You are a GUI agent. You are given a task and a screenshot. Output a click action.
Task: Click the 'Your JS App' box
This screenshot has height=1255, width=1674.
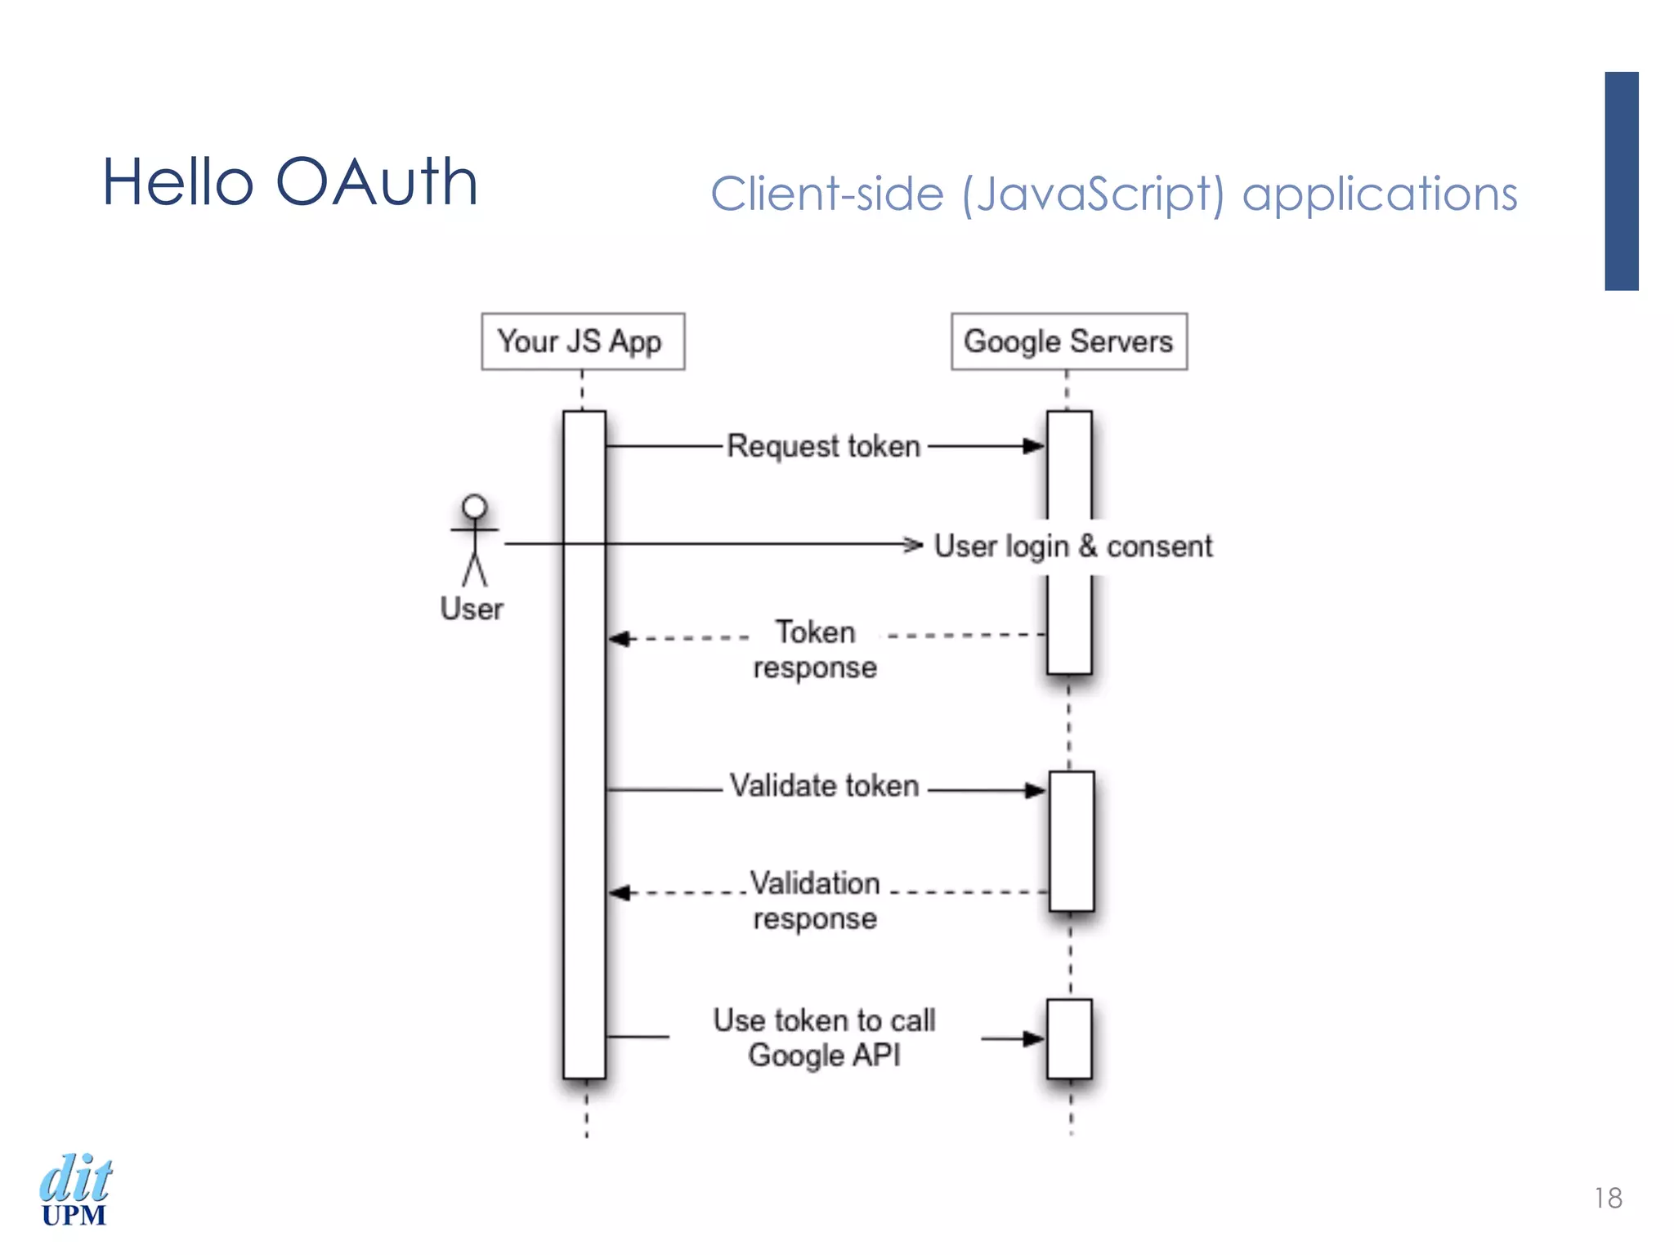pyautogui.click(x=582, y=342)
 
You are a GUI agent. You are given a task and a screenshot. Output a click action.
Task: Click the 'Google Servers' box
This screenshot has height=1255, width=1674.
pyautogui.click(x=1068, y=342)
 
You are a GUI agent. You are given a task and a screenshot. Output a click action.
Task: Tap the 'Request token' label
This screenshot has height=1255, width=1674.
pyautogui.click(x=824, y=446)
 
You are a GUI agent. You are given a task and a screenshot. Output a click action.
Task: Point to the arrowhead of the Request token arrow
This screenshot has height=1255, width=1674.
pyautogui.click(x=1035, y=446)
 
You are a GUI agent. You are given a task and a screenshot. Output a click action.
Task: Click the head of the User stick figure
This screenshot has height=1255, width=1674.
pyautogui.click(x=474, y=507)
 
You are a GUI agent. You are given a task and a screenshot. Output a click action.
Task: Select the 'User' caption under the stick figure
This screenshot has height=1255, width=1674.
pyautogui.click(x=472, y=610)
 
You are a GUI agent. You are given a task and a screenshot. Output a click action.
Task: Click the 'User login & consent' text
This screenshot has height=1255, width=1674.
pyautogui.click(x=1072, y=546)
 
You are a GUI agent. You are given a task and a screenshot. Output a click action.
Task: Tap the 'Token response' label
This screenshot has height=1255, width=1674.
pyautogui.click(x=815, y=650)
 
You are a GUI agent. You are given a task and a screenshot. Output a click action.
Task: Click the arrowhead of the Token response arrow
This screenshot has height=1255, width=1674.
pyautogui.click(x=620, y=638)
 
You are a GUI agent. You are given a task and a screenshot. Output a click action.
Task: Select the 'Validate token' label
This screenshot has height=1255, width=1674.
pyautogui.click(x=824, y=786)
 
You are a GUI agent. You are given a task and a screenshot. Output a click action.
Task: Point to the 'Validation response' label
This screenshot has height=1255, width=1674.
pyautogui.click(x=815, y=900)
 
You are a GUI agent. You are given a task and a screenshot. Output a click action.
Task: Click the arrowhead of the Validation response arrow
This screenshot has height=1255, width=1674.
pyautogui.click(x=620, y=892)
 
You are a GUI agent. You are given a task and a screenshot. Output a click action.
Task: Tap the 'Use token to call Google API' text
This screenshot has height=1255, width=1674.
pyautogui.click(x=824, y=1038)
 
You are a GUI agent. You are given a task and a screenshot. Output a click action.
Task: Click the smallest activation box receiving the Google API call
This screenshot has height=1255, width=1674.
pyautogui.click(x=1069, y=1038)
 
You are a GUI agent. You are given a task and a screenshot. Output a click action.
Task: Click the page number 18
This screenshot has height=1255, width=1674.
pyautogui.click(x=1607, y=1198)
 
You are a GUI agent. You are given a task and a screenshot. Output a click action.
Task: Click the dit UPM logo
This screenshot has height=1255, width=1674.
pyautogui.click(x=75, y=1190)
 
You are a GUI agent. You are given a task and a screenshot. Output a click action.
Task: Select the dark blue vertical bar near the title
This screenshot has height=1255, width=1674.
pyautogui.click(x=1621, y=181)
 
